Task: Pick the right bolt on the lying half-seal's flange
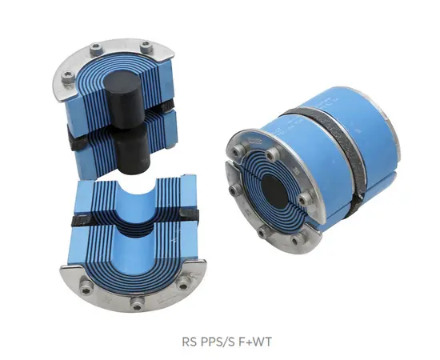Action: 186,282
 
